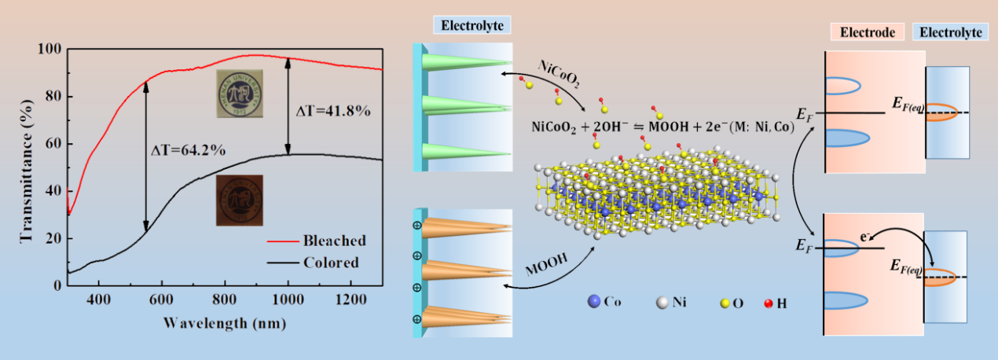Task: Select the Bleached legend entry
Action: (x=336, y=241)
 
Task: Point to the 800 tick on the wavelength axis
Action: (x=225, y=299)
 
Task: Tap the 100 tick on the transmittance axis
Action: (x=50, y=50)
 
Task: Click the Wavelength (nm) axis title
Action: (x=225, y=323)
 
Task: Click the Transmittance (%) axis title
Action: (x=25, y=167)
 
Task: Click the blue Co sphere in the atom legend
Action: (x=593, y=301)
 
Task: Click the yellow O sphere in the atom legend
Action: (x=726, y=302)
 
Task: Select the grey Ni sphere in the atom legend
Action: (x=662, y=301)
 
